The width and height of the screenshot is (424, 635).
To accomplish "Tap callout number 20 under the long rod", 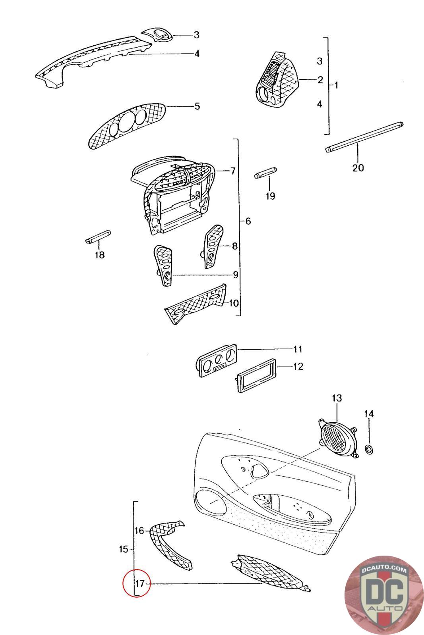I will (358, 168).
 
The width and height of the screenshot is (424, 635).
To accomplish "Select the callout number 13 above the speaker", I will (337, 398).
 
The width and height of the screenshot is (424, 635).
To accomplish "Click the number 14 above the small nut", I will (369, 414).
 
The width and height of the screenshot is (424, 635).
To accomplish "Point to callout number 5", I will (197, 106).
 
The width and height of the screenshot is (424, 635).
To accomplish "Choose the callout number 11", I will (298, 349).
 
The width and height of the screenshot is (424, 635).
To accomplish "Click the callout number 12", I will (298, 366).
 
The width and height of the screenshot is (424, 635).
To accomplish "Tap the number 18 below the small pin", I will (99, 255).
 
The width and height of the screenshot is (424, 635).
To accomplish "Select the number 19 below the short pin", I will (270, 196).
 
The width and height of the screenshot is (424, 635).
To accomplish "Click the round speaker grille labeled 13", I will (337, 439).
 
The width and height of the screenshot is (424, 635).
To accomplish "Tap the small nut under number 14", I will (369, 450).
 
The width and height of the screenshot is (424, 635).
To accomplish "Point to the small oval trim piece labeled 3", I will (161, 35).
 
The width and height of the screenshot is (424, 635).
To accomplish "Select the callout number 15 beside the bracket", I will (123, 549).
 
